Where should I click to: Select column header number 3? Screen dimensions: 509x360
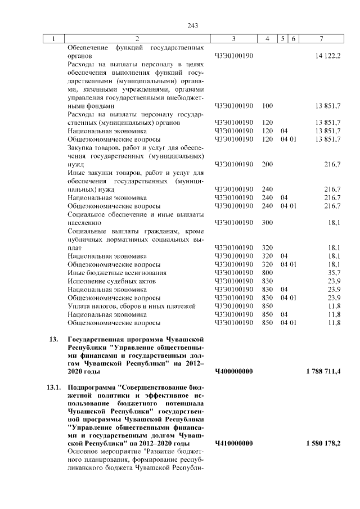(x=233, y=39)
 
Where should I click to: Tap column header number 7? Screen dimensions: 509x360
(x=321, y=39)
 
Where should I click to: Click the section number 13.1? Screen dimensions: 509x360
(x=53, y=388)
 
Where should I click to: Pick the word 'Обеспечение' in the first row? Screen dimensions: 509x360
(x=88, y=48)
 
